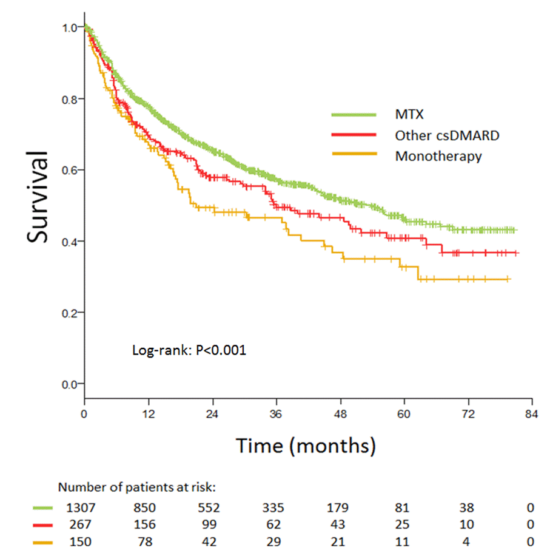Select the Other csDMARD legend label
pyautogui.click(x=447, y=135)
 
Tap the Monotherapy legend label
pyautogui.click(x=438, y=156)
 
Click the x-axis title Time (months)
pyautogui.click(x=306, y=446)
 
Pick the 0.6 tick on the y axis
pyautogui.click(x=70, y=170)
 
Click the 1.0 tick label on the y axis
pyautogui.click(x=70, y=27)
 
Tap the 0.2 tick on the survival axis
pyautogui.click(x=70, y=313)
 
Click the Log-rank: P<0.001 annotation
pyautogui.click(x=189, y=350)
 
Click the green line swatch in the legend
pyautogui.click(x=354, y=114)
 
